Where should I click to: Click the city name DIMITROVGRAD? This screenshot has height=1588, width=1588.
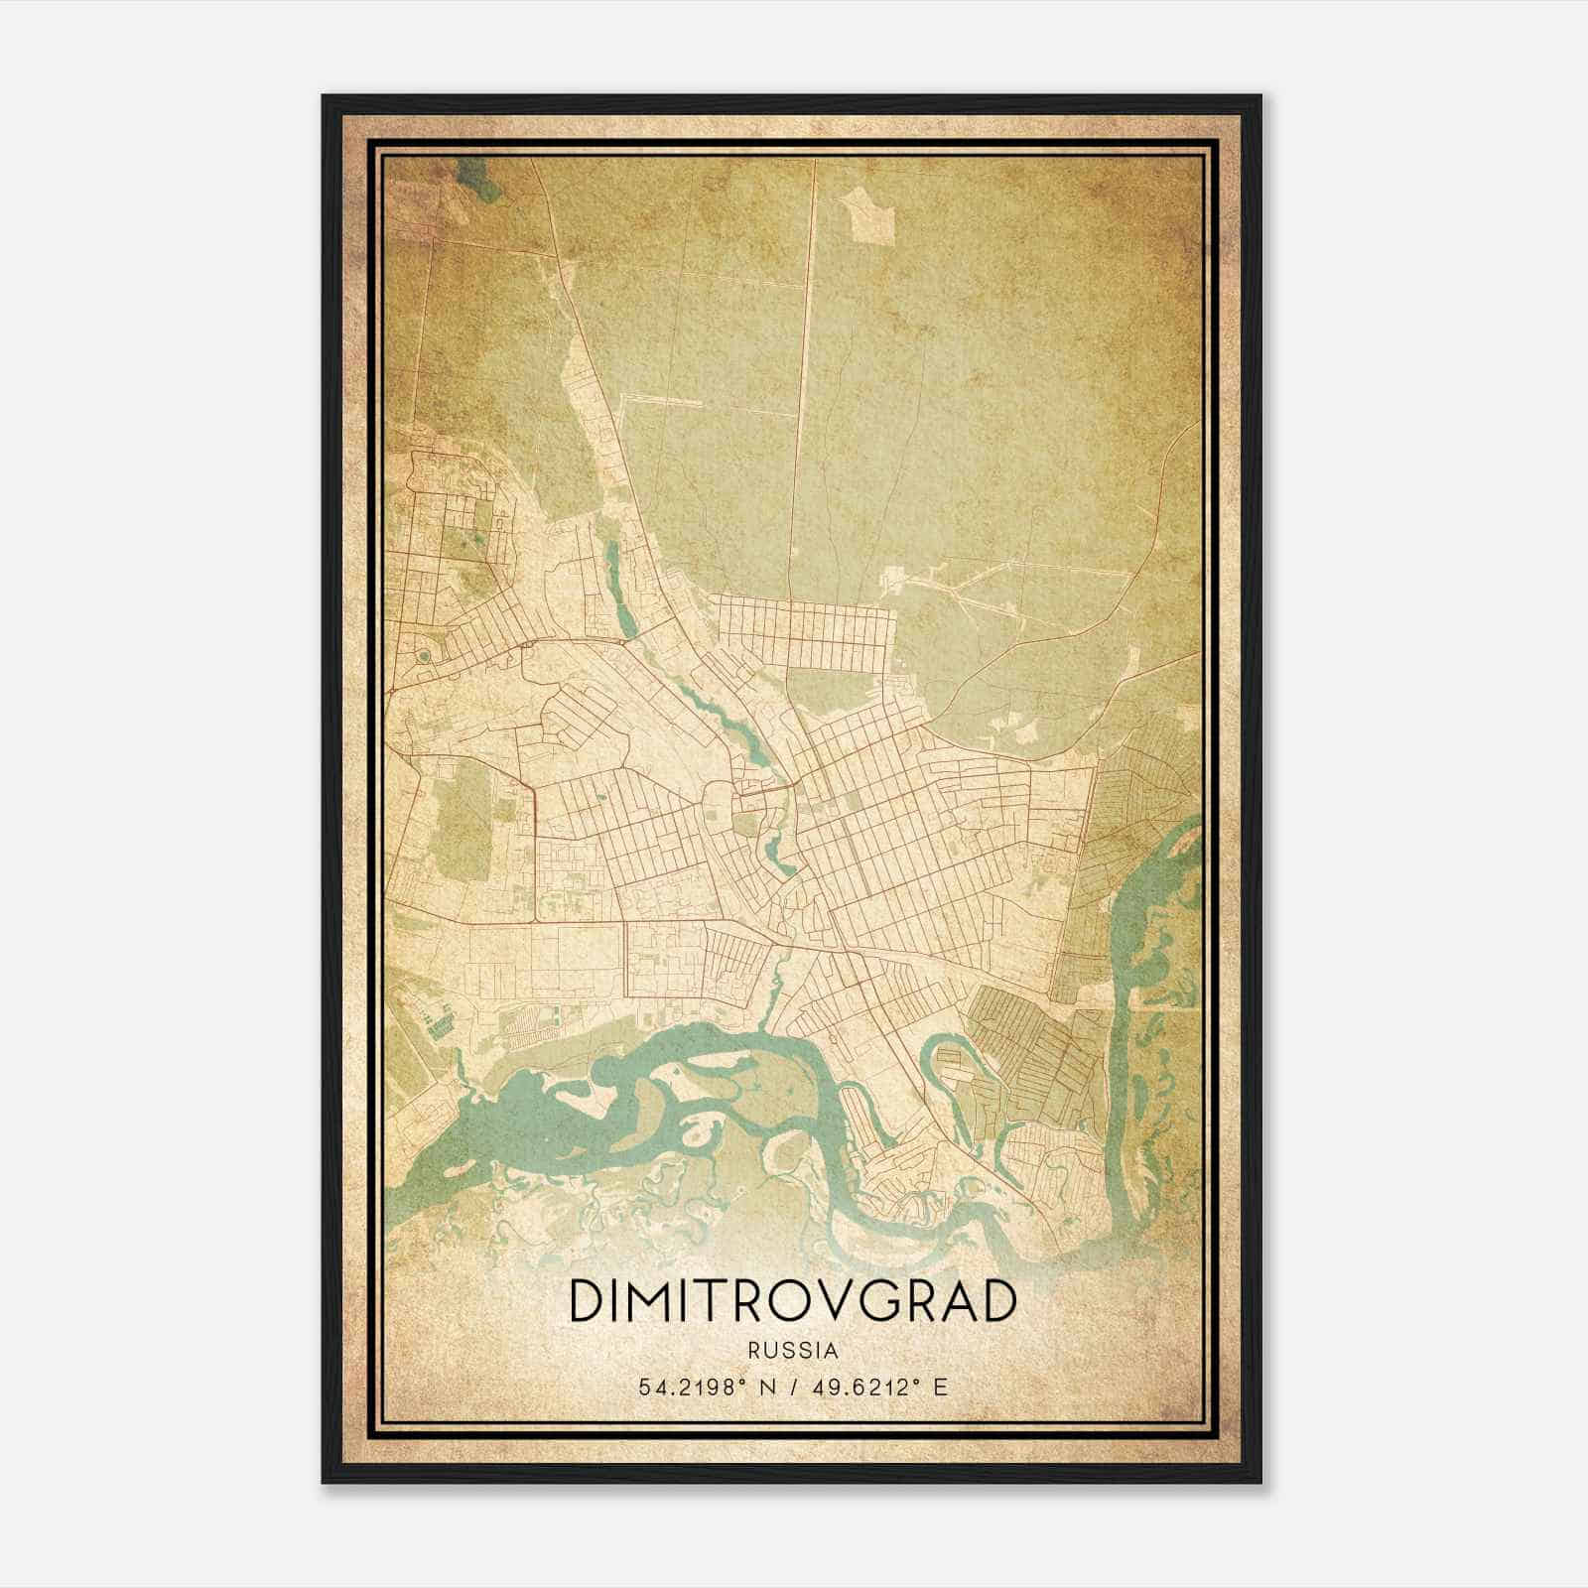pyautogui.click(x=792, y=1302)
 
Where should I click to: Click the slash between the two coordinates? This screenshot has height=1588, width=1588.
pyautogui.click(x=792, y=1387)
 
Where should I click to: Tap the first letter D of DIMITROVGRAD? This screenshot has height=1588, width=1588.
pyautogui.click(x=587, y=1302)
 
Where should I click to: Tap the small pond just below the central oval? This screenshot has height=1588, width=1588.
pyautogui.click(x=771, y=850)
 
